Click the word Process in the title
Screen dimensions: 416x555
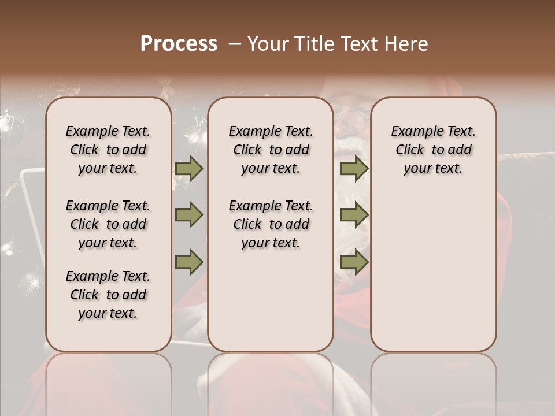[x=179, y=44]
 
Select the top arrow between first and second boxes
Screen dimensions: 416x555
[x=189, y=168]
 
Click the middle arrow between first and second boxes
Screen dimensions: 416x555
[x=189, y=215]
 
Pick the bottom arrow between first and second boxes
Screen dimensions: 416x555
[x=189, y=262]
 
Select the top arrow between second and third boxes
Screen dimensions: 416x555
[x=354, y=168]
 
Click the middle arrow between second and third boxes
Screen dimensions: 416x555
[x=354, y=215]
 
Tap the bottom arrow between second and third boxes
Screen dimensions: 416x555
[x=354, y=262]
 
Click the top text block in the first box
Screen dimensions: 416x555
[x=108, y=150]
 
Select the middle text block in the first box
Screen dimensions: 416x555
[x=108, y=224]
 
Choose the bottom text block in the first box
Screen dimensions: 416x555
[x=108, y=295]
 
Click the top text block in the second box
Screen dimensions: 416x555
[x=271, y=150]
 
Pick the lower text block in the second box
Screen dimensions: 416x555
[x=271, y=224]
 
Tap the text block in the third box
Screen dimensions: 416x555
[x=434, y=150]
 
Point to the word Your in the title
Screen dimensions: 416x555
[x=269, y=44]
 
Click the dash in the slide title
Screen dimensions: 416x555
[x=234, y=44]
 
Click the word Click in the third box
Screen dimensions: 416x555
[x=410, y=150]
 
